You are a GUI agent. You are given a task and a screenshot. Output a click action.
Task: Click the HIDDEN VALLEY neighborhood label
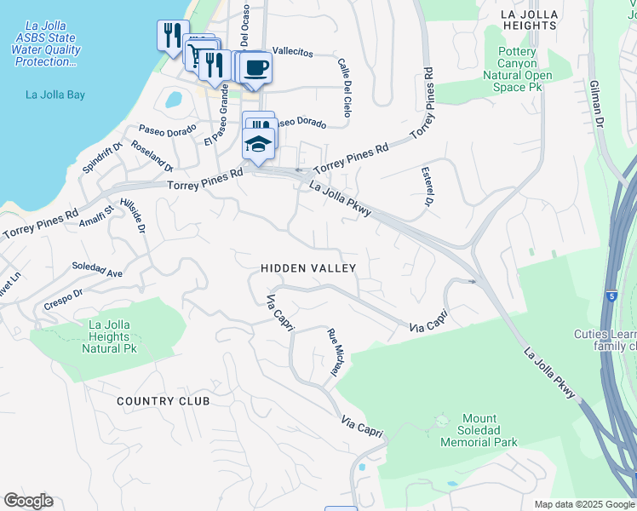point(307,268)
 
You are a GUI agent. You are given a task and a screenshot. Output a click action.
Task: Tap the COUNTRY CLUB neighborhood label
point(163,401)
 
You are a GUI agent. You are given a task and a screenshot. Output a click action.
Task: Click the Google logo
point(28,501)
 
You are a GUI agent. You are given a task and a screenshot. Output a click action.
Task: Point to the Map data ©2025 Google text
point(583,504)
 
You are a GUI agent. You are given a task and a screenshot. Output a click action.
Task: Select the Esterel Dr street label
point(428,187)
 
